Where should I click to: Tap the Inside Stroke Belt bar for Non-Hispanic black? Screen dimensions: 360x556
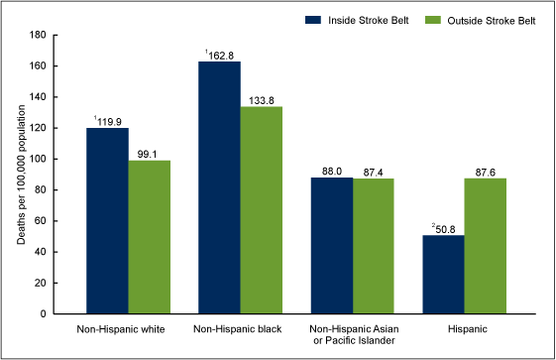[x=219, y=187]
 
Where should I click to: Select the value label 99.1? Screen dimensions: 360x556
[x=149, y=153]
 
